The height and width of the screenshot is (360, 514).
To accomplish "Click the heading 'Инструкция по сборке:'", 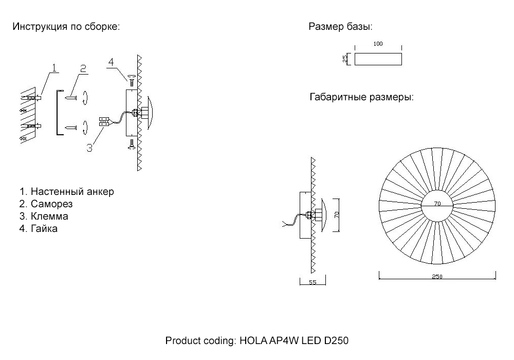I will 66,27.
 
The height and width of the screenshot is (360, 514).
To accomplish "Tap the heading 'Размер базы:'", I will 340,27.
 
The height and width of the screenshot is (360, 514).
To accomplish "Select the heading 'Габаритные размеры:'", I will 361,97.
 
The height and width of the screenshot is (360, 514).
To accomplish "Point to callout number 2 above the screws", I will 83,68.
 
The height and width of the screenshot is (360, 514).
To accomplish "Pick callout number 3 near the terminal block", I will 89,148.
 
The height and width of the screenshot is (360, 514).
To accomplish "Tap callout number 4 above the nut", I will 111,63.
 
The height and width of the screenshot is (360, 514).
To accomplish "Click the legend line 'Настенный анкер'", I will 67,192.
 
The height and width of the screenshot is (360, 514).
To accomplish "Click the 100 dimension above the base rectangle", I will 378,44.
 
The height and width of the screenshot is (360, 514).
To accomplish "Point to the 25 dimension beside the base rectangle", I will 345,59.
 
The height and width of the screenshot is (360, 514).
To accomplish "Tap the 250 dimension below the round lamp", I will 437,277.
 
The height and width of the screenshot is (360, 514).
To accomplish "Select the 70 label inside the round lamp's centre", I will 437,204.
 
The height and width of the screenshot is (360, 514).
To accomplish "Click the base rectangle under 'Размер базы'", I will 378,59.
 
